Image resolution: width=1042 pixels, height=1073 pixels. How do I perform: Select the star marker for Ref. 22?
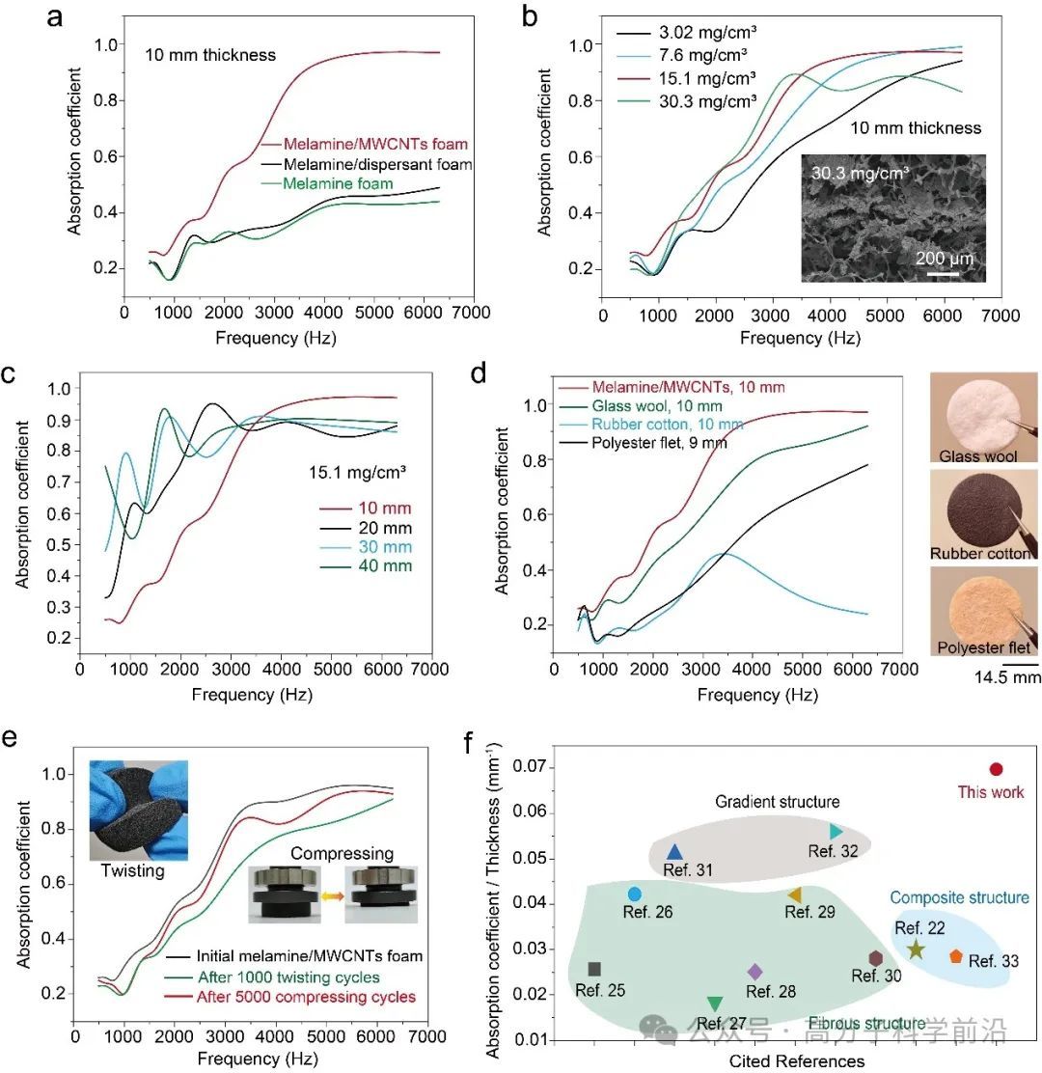pyautogui.click(x=916, y=949)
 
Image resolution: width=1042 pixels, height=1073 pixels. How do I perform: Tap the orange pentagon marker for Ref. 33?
pyautogui.click(x=955, y=956)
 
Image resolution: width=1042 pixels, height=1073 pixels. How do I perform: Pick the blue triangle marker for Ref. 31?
pyautogui.click(x=675, y=852)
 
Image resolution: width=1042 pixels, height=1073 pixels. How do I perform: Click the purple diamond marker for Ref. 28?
pyautogui.click(x=755, y=972)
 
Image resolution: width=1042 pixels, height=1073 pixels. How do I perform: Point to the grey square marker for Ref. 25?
pyautogui.click(x=594, y=969)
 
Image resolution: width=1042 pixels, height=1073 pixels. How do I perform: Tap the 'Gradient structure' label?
pyautogui.click(x=777, y=802)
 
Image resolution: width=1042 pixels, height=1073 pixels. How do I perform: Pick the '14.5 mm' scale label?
pyautogui.click(x=1010, y=678)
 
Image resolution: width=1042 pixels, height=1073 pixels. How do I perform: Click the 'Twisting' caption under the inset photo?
pyautogui.click(x=134, y=870)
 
